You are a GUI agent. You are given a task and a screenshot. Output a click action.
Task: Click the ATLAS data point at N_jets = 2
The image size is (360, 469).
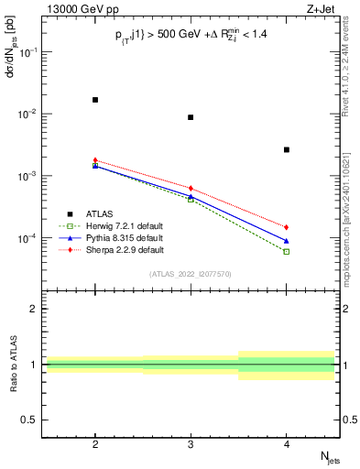coord(95,100)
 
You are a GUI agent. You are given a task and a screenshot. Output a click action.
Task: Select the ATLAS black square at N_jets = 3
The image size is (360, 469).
coord(191,117)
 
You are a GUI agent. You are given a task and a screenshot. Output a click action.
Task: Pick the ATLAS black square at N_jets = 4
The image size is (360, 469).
coord(287,149)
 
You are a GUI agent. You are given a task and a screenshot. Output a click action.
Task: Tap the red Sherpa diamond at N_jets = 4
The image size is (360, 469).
coord(287,227)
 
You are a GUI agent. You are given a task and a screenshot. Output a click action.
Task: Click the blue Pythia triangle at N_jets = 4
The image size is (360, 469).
coord(287,241)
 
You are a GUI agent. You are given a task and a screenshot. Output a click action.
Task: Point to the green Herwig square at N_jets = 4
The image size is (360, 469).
coord(287,251)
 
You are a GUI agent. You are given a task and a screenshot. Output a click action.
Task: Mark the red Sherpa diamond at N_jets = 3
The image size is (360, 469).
coord(191,188)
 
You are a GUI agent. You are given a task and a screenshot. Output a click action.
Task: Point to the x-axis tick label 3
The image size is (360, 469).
coord(191,442)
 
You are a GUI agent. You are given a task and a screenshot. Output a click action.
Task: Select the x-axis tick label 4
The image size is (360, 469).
coord(287,442)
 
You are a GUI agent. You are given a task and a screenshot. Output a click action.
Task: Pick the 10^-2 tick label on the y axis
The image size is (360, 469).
coord(29,114)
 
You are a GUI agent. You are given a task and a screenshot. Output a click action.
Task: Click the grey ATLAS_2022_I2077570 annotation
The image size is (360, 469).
coord(191,274)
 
